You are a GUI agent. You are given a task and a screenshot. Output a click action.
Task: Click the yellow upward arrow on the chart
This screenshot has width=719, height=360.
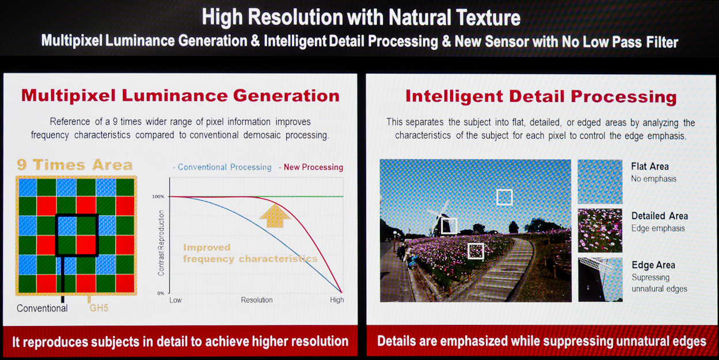pos(275,216)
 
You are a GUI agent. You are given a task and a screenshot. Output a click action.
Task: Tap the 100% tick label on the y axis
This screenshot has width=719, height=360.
pos(158,196)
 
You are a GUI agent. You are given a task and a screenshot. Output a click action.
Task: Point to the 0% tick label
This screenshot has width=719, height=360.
pos(161,293)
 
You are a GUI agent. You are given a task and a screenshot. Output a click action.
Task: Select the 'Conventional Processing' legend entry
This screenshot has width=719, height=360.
pos(222,167)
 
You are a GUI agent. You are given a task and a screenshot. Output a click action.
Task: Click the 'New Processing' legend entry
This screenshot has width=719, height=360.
pos(311,167)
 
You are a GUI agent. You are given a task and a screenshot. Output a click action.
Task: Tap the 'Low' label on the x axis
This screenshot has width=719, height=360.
pos(175,300)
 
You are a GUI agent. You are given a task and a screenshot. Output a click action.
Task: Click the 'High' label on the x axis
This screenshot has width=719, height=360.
pos(337,300)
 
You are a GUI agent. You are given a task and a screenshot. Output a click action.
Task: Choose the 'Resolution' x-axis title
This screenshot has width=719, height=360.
pos(257,300)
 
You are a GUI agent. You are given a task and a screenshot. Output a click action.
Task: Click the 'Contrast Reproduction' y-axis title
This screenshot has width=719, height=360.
pos(161,243)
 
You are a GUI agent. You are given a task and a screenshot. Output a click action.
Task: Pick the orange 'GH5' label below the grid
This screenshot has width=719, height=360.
pos(98,308)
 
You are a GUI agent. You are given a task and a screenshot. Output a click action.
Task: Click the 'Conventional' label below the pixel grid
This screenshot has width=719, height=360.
pos(42,308)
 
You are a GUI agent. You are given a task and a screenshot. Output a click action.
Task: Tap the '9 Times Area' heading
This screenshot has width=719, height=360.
pos(74,165)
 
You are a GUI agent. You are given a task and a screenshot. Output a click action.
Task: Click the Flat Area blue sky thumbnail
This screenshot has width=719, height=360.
pos(600,181)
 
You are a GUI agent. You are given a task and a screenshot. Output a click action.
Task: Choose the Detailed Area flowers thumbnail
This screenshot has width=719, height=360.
pos(600,230)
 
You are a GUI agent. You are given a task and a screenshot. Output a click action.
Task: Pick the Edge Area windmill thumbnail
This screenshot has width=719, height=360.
pos(600,279)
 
